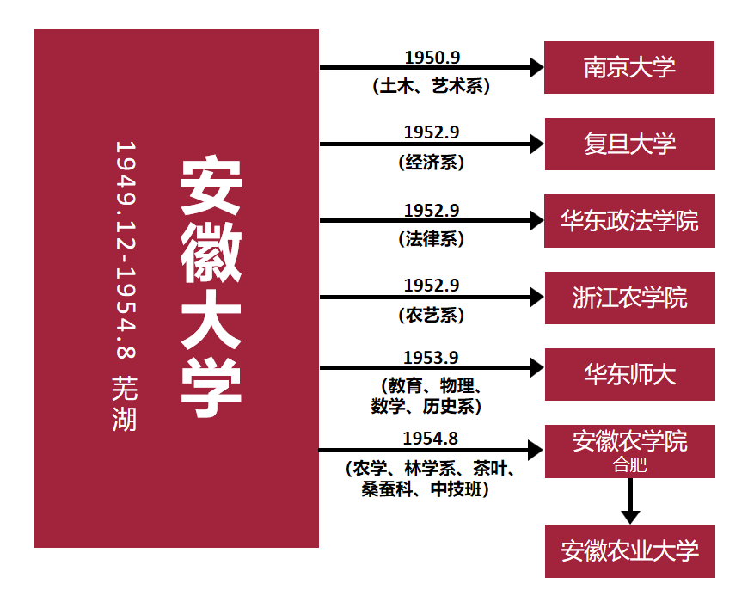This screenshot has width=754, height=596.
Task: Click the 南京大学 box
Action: pyautogui.click(x=629, y=67)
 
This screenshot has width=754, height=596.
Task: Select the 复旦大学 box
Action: pyautogui.click(x=629, y=144)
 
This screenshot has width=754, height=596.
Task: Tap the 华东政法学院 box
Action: pyautogui.click(x=629, y=221)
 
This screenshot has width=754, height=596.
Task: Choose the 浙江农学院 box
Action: pyautogui.click(x=629, y=298)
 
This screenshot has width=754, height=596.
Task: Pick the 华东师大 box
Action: pyautogui.click(x=629, y=374)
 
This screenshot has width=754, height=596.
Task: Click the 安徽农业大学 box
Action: pyautogui.click(x=629, y=550)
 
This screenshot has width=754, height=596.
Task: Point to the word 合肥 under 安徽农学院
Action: pyautogui.click(x=629, y=466)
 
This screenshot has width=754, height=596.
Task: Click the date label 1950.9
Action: pyautogui.click(x=432, y=58)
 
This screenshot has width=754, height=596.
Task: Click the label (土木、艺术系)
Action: pyautogui.click(x=432, y=86)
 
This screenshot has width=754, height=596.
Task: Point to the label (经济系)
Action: pyautogui.click(x=432, y=162)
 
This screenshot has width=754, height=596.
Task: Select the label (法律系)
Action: pyautogui.click(x=432, y=239)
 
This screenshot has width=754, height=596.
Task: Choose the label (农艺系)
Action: pyautogui.click(x=432, y=316)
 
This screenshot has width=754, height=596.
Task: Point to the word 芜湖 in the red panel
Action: pyautogui.click(x=126, y=404)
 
